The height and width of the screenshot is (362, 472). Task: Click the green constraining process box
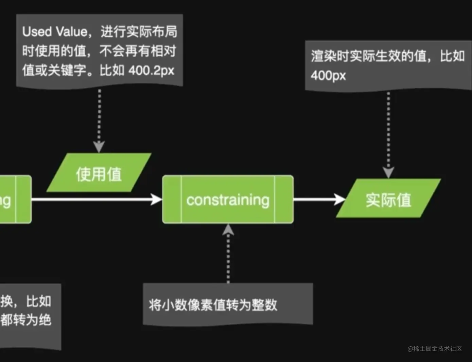tap(228, 199)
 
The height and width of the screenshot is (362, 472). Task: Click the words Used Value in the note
tap(55, 32)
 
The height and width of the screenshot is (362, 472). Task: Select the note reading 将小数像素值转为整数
tap(228, 305)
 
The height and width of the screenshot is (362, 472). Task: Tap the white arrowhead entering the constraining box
tap(157, 199)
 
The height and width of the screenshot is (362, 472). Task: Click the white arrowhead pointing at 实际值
tap(339, 199)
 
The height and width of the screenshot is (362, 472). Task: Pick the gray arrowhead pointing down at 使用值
tap(99, 147)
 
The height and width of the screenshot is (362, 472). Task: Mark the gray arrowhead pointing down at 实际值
tap(388, 172)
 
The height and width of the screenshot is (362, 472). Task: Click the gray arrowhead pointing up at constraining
tap(228, 230)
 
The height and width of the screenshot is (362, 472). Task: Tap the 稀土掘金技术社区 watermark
tap(435, 348)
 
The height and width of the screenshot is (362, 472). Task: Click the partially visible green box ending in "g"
tap(15, 199)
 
